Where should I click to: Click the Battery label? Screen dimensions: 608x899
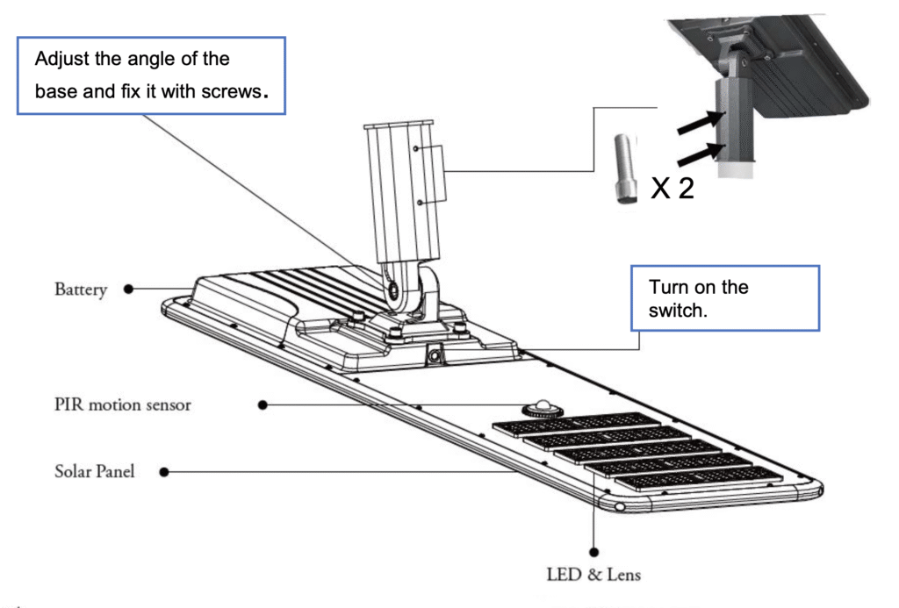click(80, 290)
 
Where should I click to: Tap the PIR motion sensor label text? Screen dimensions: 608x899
click(122, 404)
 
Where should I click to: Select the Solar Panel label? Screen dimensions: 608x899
click(95, 471)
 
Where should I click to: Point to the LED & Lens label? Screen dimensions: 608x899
click(593, 575)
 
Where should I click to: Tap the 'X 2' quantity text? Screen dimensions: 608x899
click(672, 188)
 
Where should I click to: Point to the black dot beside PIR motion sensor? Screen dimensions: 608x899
click(263, 404)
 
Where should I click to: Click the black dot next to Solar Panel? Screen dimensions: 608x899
click(164, 472)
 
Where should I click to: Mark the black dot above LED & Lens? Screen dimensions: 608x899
click(594, 552)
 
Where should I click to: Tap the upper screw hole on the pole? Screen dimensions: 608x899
click(418, 149)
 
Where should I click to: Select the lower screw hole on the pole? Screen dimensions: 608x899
click(421, 201)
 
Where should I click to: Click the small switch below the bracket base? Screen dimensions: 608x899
click(434, 354)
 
